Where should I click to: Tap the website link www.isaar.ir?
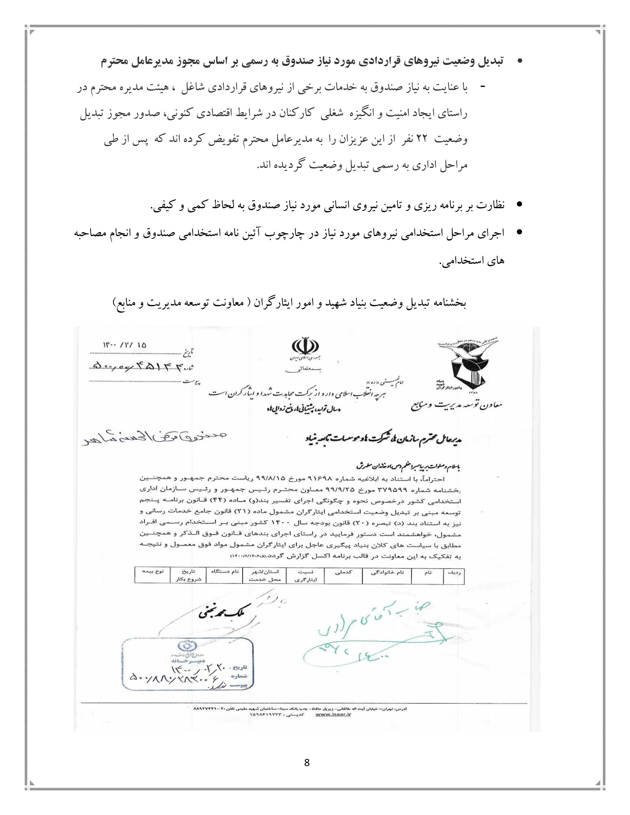coord(333,715)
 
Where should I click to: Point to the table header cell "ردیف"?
coord(453,572)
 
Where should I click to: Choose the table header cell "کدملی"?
coord(343,572)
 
